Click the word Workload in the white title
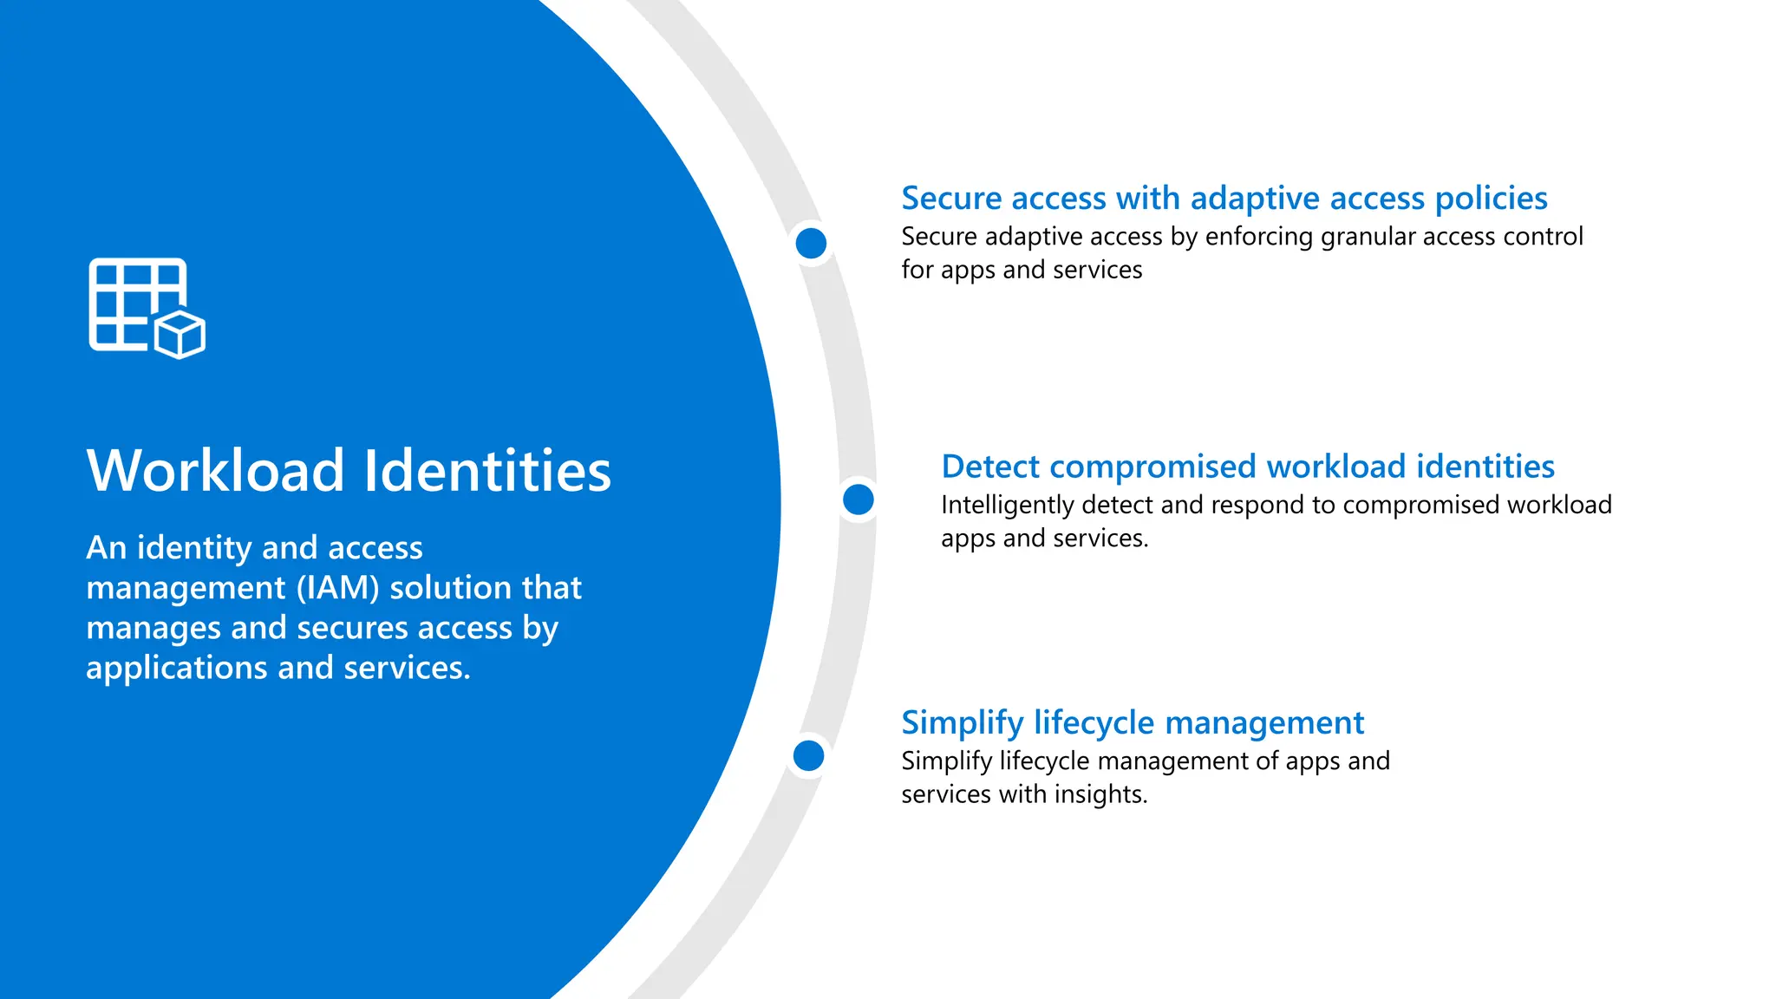coord(216,471)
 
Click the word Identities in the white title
coord(487,471)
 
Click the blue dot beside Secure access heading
coord(811,243)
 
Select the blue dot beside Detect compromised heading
coord(858,499)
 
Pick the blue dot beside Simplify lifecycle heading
coord(808,755)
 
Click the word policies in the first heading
coord(1491,199)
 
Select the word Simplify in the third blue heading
coord(962,723)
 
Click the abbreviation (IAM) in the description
coord(337,588)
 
